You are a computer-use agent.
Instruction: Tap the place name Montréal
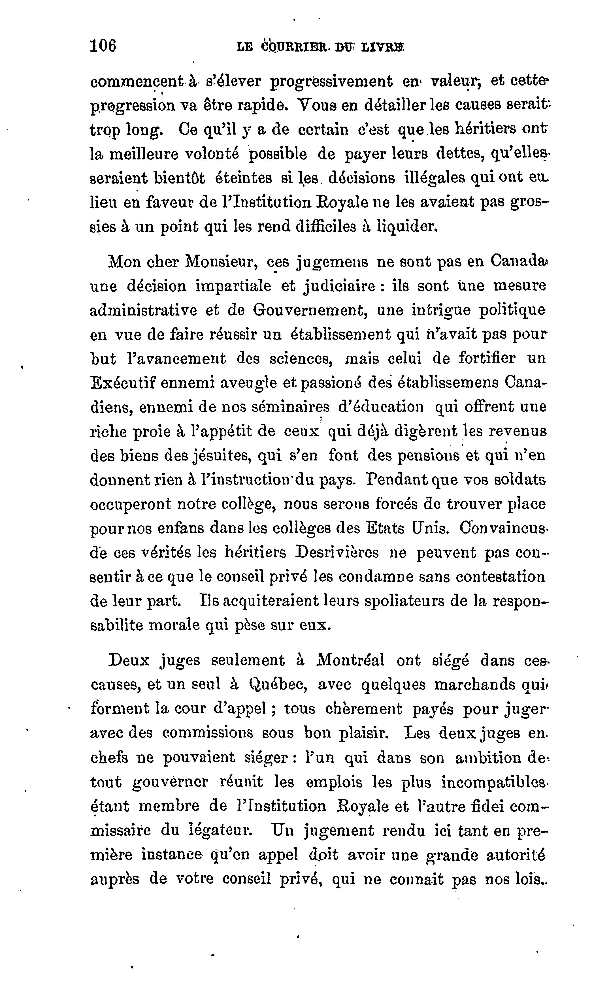pos(350,661)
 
